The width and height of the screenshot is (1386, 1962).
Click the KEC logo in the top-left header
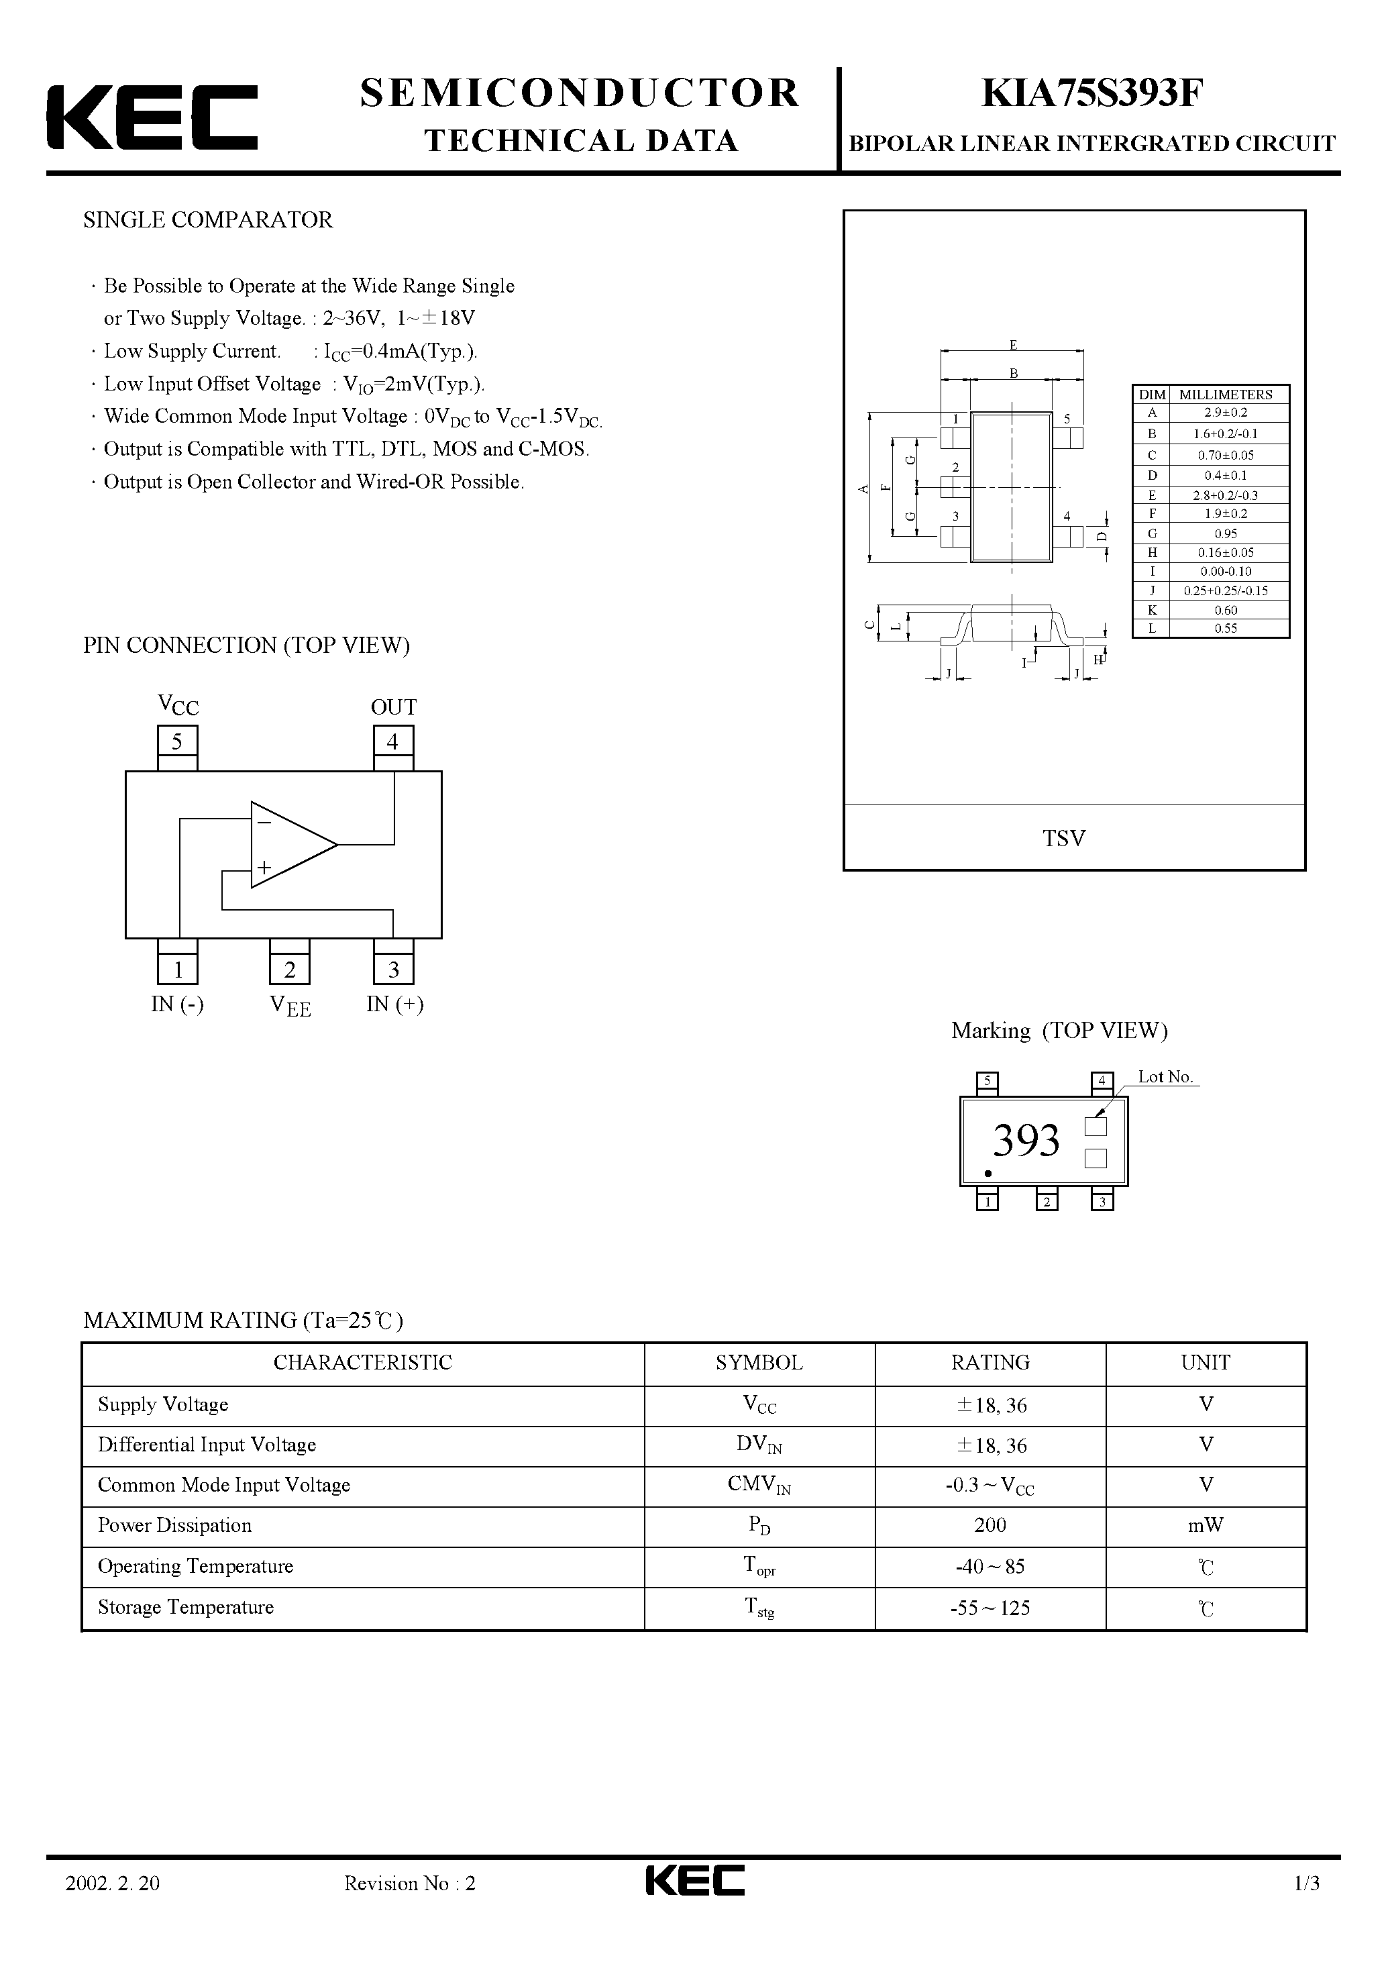click(152, 117)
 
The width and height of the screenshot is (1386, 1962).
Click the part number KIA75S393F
click(1091, 94)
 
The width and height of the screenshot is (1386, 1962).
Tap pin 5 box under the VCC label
click(177, 741)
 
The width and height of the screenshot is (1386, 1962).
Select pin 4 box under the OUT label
click(393, 741)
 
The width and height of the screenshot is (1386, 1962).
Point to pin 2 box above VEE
click(290, 969)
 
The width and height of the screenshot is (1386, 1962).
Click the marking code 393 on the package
click(1025, 1140)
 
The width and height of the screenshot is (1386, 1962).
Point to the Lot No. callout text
click(1165, 1077)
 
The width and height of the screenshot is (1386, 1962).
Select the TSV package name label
click(1064, 838)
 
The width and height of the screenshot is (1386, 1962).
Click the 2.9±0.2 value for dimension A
click(1226, 412)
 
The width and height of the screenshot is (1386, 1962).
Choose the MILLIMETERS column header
click(1226, 394)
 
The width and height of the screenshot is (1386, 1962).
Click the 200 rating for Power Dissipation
click(990, 1525)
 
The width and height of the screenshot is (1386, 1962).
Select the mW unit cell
click(1206, 1525)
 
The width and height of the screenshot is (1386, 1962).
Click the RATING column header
click(990, 1362)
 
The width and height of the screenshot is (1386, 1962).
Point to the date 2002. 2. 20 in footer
click(112, 1883)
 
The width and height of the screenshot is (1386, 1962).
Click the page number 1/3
click(1307, 1883)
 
